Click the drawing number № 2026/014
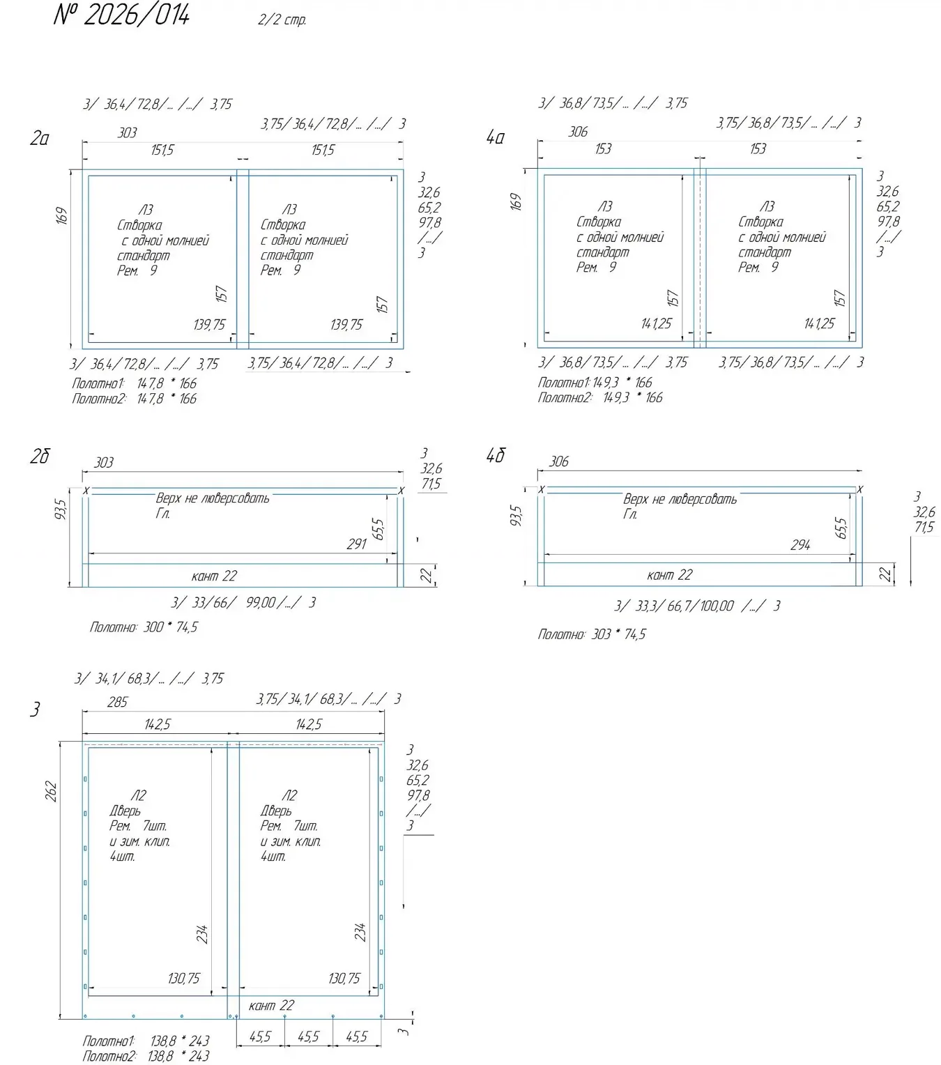pyautogui.click(x=121, y=14)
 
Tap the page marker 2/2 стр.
pyautogui.click(x=282, y=20)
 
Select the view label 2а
pyautogui.click(x=40, y=138)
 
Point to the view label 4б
pyautogui.click(x=496, y=455)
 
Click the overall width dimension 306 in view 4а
pyautogui.click(x=578, y=132)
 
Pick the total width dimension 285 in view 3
pyautogui.click(x=117, y=702)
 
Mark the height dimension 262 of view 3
pyautogui.click(x=51, y=791)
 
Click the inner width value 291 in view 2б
pyautogui.click(x=356, y=544)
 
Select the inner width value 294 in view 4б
pyautogui.click(x=800, y=545)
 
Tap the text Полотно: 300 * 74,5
pyautogui.click(x=144, y=627)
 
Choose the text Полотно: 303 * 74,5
pyautogui.click(x=591, y=634)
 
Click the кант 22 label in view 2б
pyautogui.click(x=214, y=576)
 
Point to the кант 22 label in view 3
pyautogui.click(x=271, y=1006)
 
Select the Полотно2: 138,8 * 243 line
pyautogui.click(x=146, y=1056)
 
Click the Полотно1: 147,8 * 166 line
pyautogui.click(x=134, y=384)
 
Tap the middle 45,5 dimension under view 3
pyautogui.click(x=308, y=1036)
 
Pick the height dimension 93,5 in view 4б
pyautogui.click(x=517, y=516)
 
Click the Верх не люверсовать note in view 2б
pyautogui.click(x=213, y=498)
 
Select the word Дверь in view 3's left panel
pyautogui.click(x=125, y=811)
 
